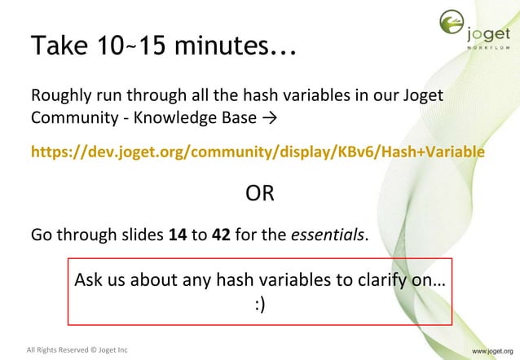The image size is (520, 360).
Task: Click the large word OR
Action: click(260, 195)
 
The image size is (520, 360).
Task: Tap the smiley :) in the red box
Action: click(260, 305)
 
